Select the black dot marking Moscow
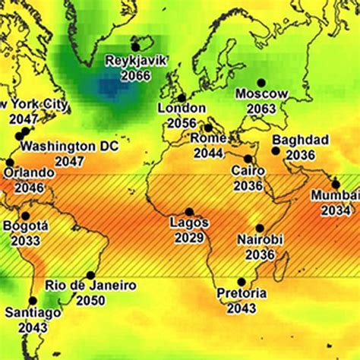click(x=261, y=83)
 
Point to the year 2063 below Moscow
click(x=262, y=109)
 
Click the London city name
click(x=182, y=109)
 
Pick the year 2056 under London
click(x=182, y=122)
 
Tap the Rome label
click(x=207, y=138)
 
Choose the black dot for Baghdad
click(x=276, y=150)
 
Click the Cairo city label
click(x=248, y=171)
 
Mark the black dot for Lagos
click(x=189, y=212)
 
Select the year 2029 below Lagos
click(x=189, y=238)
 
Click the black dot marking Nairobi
click(x=260, y=228)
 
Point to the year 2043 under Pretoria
click(x=242, y=308)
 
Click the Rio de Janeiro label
click(x=90, y=286)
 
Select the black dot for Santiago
click(x=33, y=301)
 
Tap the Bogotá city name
click(x=26, y=226)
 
